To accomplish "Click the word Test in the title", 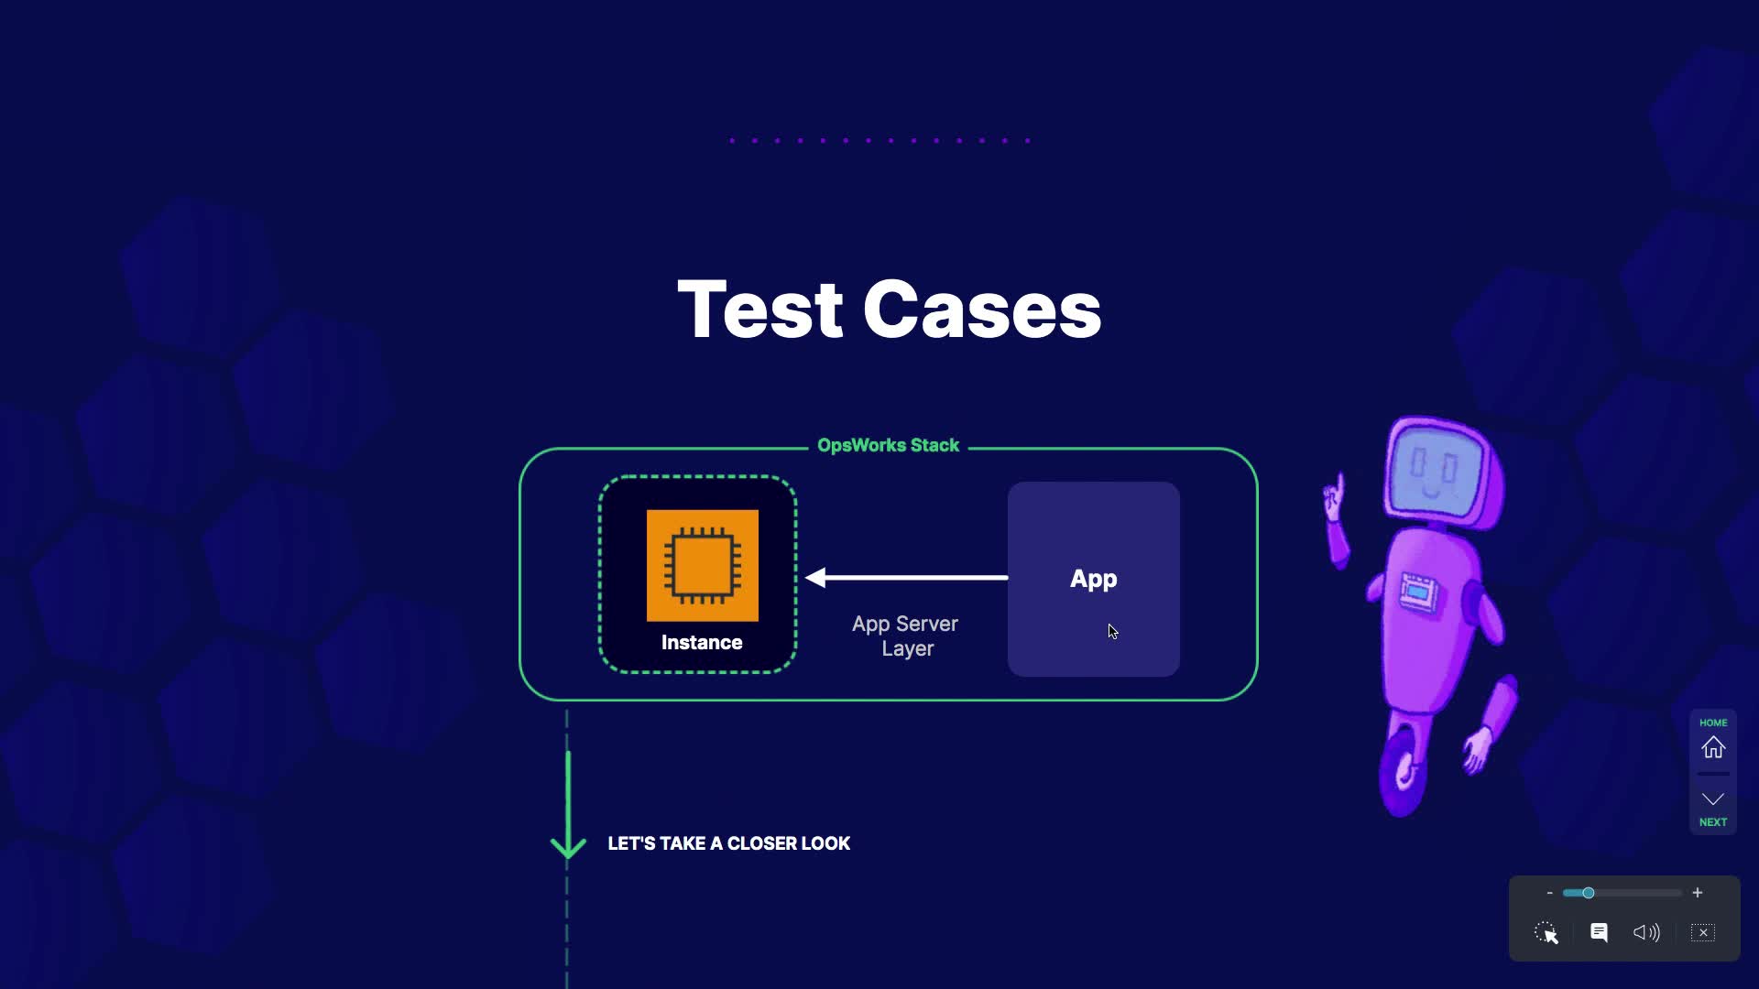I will point(759,310).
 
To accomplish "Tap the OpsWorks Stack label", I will point(888,446).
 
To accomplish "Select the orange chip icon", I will point(703,565).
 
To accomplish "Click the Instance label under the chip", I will point(702,643).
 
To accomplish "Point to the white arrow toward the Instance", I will point(906,577).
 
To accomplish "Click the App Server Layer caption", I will point(905,636).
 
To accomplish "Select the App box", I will point(1093,579).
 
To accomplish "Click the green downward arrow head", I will point(568,845).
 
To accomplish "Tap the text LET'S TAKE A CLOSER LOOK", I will point(728,843).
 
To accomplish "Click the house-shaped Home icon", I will point(1712,748).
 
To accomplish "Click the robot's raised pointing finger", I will point(1338,484).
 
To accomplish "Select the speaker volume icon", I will point(1646,932).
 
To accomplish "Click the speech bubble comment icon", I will point(1599,932).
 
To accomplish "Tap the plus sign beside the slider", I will point(1698,893).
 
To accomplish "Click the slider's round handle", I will point(1589,893).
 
